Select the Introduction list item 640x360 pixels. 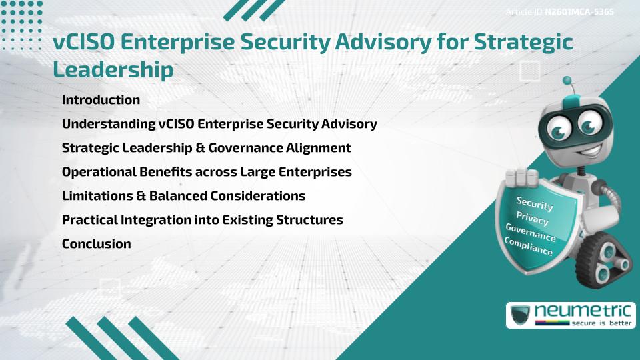point(101,100)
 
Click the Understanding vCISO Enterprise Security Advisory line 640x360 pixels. point(219,124)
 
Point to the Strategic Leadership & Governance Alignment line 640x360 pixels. point(206,148)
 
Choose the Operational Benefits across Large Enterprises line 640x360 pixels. point(207,172)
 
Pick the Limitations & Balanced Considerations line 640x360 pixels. point(183,196)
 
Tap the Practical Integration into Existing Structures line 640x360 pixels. point(202,220)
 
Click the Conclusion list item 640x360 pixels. point(96,244)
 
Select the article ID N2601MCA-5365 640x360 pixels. point(579,12)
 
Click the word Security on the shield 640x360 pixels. point(535,204)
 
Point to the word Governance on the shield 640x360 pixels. point(531,233)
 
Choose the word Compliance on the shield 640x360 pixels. point(529,247)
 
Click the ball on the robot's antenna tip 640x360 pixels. point(567,81)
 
